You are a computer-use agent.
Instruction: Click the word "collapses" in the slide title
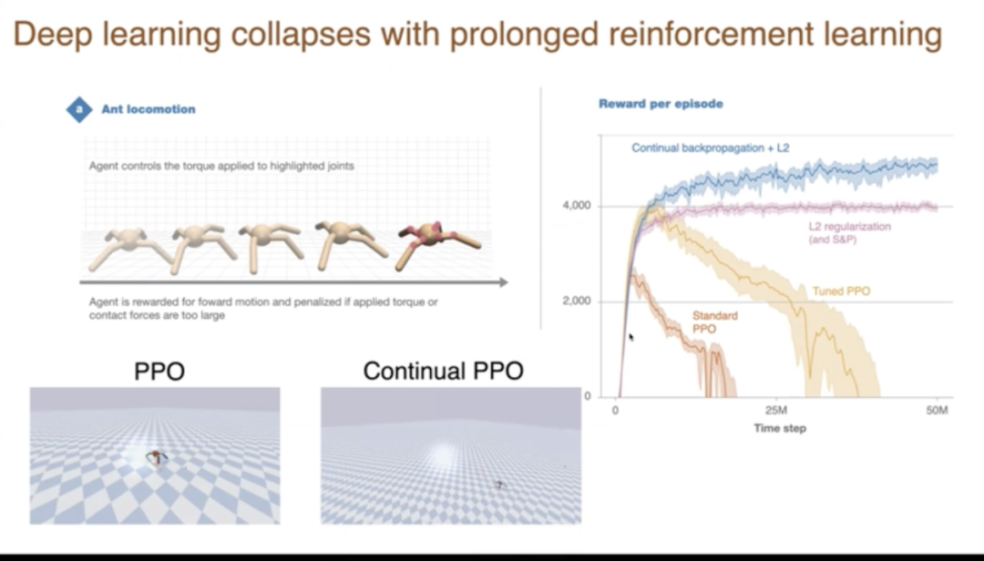301,34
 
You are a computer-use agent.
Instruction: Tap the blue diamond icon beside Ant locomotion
79,110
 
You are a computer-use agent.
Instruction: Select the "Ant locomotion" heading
149,109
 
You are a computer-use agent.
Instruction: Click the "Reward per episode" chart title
661,104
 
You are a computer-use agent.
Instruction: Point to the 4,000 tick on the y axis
576,205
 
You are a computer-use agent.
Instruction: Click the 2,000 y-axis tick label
576,301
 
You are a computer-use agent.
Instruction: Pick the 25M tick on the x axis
776,411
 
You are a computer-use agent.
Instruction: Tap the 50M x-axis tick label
937,411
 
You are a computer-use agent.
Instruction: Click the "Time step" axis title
780,429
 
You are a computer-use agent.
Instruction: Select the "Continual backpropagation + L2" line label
711,148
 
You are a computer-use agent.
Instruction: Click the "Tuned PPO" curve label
841,291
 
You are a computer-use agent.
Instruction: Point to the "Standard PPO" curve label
715,321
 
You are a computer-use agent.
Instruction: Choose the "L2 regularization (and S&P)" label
850,233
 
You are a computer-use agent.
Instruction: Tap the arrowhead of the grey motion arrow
503,282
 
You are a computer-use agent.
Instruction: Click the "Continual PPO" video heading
443,371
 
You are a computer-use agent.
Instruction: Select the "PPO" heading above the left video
159,371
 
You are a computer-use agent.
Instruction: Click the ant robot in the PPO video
157,457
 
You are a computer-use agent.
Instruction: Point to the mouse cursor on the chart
631,338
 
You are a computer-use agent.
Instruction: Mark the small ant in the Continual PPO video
499,484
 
